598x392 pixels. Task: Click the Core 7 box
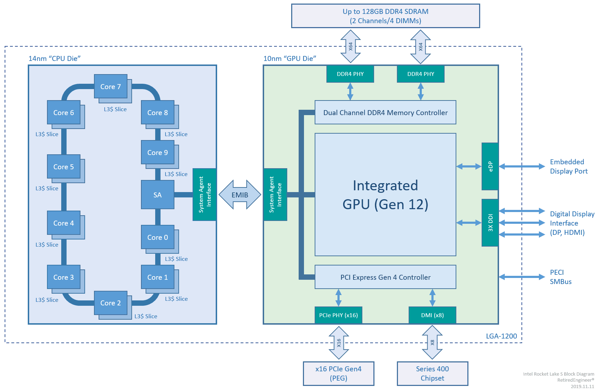110,86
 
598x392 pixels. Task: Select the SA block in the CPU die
157,195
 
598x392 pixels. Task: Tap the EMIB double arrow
240,195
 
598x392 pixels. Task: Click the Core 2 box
110,303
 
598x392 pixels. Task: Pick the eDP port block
490,166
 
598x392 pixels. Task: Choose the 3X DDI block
490,222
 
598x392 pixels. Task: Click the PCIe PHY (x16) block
338,315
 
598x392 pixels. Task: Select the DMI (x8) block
432,315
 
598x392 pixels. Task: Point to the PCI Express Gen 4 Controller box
385,277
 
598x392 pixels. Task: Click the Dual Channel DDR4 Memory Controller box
385,112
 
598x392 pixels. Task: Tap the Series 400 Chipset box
432,373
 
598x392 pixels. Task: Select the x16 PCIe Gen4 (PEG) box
338,373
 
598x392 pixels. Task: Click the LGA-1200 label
501,336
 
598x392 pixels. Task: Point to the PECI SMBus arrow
521,277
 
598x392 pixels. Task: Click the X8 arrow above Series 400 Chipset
432,342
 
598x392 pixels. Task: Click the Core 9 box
157,152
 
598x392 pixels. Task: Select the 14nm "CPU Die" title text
54,58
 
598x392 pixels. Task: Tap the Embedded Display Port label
568,166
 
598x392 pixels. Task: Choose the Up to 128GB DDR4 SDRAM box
385,16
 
